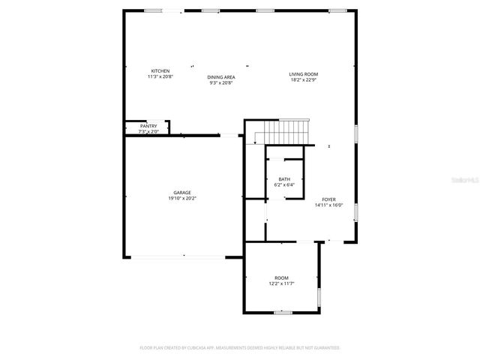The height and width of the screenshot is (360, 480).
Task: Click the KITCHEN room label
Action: (159, 71)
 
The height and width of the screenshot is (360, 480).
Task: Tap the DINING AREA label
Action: (221, 76)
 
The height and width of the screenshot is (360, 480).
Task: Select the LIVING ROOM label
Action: (304, 73)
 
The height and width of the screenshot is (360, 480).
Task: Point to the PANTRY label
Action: (148, 126)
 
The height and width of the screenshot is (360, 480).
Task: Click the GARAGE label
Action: (182, 193)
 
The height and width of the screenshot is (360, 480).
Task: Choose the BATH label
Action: (284, 179)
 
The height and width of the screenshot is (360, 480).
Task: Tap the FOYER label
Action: (328, 199)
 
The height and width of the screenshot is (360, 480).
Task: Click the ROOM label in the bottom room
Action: (281, 277)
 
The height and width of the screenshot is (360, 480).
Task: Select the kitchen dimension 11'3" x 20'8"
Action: (159, 76)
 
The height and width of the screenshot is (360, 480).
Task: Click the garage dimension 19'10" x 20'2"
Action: (182, 199)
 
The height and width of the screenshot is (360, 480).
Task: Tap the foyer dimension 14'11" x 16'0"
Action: (328, 205)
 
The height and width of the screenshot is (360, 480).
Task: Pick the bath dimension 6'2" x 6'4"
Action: (284, 184)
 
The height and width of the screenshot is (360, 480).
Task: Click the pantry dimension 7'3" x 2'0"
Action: (148, 131)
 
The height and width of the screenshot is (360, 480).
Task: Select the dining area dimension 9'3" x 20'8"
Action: (221, 82)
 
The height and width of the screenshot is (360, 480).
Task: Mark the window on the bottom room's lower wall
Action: (282, 312)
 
